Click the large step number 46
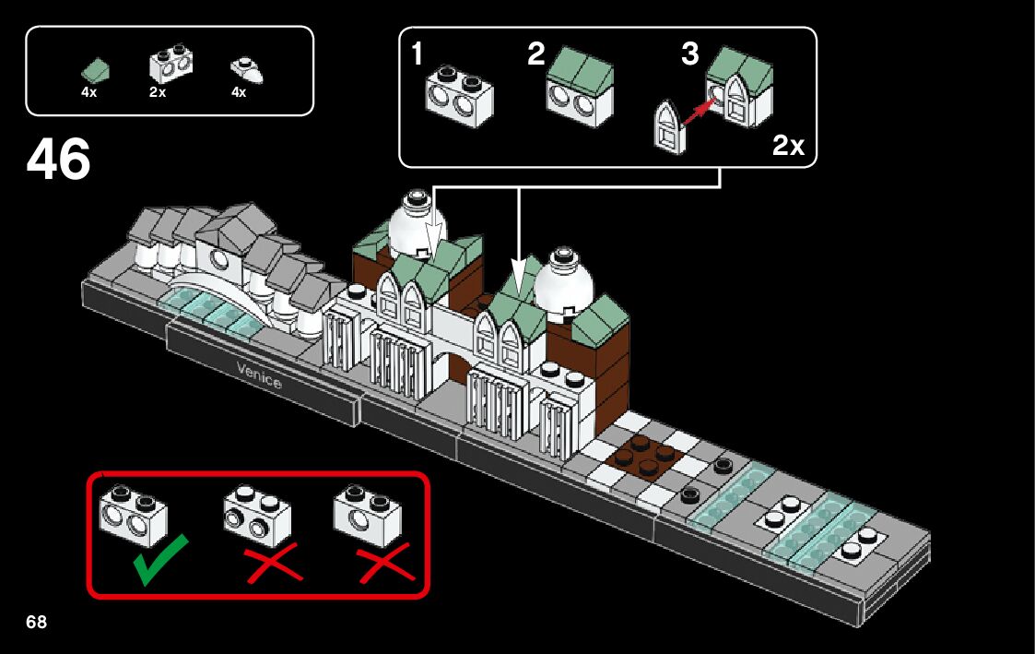pyautogui.click(x=59, y=161)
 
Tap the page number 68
pyautogui.click(x=36, y=622)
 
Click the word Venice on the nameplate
pyautogui.click(x=259, y=375)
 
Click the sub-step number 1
pyautogui.click(x=418, y=55)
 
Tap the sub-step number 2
pyautogui.click(x=536, y=55)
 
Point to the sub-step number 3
pyautogui.click(x=690, y=55)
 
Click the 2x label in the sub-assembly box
pyautogui.click(x=788, y=146)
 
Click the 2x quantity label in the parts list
pyautogui.click(x=157, y=92)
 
